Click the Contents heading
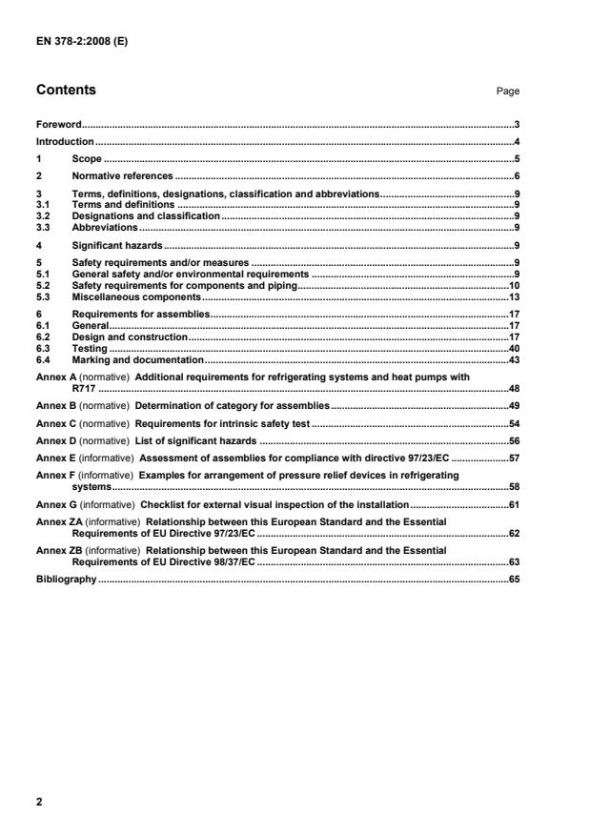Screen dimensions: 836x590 click(66, 91)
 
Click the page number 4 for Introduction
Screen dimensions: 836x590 click(516, 141)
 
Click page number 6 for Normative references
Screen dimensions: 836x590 click(516, 176)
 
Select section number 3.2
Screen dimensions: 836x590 click(42, 216)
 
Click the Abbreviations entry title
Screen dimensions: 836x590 click(105, 228)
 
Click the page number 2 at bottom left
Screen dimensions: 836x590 click(39, 802)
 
